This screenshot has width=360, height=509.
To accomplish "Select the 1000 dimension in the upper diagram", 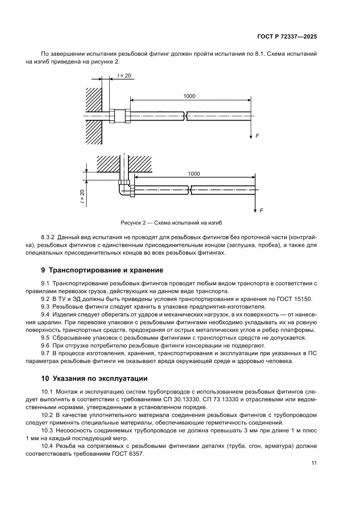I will coord(189,96).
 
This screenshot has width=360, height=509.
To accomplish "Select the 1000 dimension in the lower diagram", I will coord(194,174).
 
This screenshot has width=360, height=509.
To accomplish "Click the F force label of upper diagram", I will coord(257,136).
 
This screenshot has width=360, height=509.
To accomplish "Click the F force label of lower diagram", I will coord(261,211).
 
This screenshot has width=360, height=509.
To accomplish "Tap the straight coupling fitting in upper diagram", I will coord(120,116).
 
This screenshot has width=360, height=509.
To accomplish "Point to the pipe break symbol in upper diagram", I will coord(186,116).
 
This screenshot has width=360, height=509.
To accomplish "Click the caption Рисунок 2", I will coord(171,222).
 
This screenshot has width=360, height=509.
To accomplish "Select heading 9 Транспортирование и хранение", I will coord(102,270).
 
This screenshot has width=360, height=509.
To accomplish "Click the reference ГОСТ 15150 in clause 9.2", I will coord(294,299).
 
